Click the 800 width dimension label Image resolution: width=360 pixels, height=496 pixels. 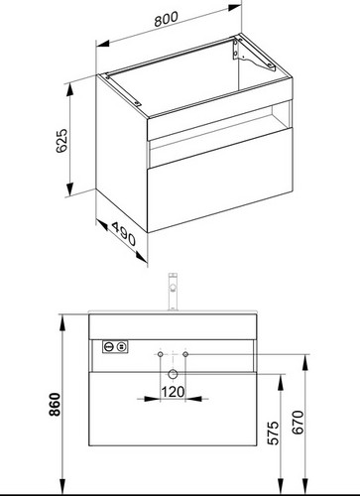point(166,19)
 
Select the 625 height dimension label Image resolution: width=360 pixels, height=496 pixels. point(61,141)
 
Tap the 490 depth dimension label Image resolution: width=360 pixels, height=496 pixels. point(124,234)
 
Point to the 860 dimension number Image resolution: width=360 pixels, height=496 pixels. point(55,404)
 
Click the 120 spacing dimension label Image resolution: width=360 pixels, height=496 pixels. point(173,392)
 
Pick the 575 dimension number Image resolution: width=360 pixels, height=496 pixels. point(274,433)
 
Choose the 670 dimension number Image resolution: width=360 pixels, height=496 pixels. point(298,422)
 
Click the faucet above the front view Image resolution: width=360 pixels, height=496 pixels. point(173,292)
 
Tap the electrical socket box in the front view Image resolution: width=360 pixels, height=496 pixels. point(115,347)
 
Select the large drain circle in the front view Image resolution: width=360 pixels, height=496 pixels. point(173,374)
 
